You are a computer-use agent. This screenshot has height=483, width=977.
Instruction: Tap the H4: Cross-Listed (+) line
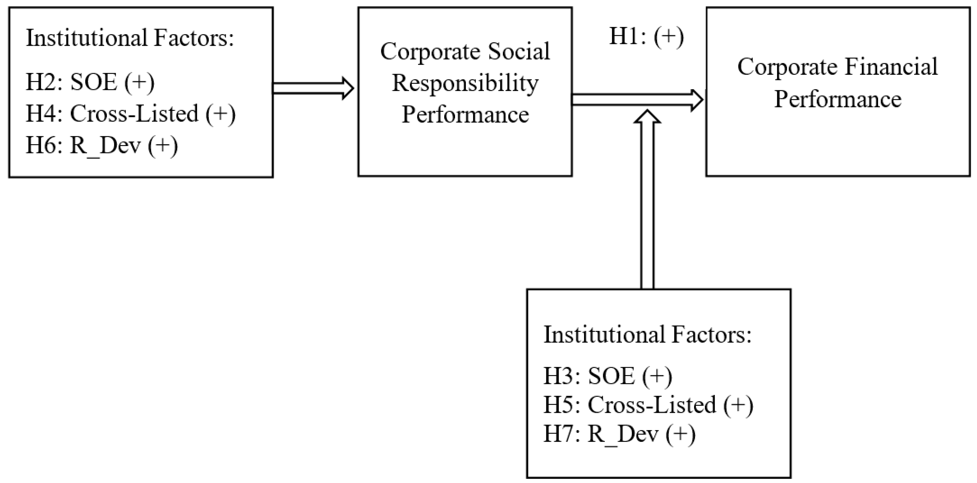[x=130, y=114]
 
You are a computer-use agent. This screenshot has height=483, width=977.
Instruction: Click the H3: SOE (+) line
[x=608, y=376]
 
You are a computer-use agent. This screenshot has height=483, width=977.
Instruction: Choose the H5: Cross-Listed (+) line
[x=648, y=405]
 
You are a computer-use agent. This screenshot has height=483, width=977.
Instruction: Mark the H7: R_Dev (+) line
[x=619, y=434]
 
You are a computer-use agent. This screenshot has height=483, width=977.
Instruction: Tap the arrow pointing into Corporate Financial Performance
[x=637, y=100]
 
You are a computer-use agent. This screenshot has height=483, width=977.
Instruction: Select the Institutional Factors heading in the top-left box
[x=130, y=38]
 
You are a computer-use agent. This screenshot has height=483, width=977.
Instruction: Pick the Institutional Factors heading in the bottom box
[x=648, y=335]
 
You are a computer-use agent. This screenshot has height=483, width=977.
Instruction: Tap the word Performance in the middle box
[x=465, y=115]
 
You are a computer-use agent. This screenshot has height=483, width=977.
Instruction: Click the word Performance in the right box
[x=837, y=99]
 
